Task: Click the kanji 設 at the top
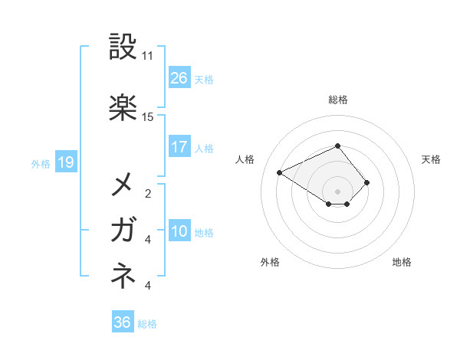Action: [123, 47]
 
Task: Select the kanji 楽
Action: [123, 106]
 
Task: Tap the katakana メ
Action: [123, 184]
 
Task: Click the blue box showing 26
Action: [179, 78]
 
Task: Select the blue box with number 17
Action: [179, 147]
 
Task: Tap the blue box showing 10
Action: [179, 231]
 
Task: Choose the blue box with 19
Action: [65, 162]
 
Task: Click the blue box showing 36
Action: [123, 322]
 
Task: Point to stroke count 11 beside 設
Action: [148, 56]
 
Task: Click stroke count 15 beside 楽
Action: [148, 116]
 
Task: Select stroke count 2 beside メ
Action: [148, 194]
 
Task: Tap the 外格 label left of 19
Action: [41, 162]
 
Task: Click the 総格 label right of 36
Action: [147, 324]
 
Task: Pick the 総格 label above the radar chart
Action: [337, 100]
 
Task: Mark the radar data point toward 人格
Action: [280, 172]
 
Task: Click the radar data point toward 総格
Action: [337, 146]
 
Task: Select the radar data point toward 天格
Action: [367, 182]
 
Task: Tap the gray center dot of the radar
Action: [337, 191]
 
